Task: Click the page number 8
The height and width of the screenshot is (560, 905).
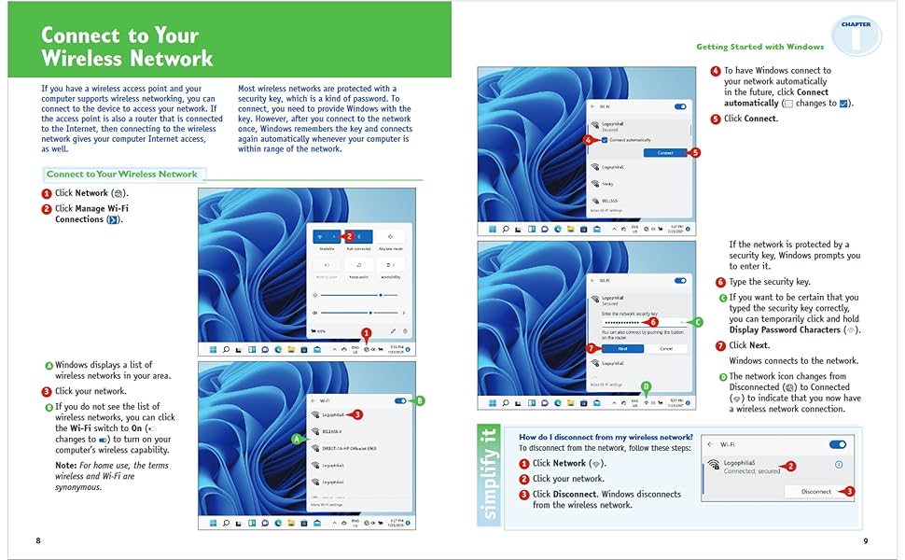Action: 38,540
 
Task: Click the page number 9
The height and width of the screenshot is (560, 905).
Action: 866,540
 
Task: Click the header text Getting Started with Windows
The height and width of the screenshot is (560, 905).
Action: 759,47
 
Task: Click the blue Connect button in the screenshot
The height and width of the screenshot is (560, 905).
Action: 664,152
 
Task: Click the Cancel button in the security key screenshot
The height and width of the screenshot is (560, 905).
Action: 665,348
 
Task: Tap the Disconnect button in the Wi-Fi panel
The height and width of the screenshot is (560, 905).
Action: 815,491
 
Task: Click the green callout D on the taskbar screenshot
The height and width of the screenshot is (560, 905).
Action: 646,387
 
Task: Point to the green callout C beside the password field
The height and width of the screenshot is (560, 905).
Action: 697,321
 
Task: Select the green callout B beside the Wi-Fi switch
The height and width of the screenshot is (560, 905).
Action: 419,400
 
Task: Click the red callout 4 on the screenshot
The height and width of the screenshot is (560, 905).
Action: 587,140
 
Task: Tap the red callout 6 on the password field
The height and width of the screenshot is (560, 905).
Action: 652,322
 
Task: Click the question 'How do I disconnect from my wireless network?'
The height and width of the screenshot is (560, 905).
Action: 606,437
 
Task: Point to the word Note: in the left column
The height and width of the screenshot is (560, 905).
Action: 65,465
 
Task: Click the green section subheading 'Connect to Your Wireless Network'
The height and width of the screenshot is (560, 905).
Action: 122,174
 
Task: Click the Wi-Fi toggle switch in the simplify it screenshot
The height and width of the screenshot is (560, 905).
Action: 837,445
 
